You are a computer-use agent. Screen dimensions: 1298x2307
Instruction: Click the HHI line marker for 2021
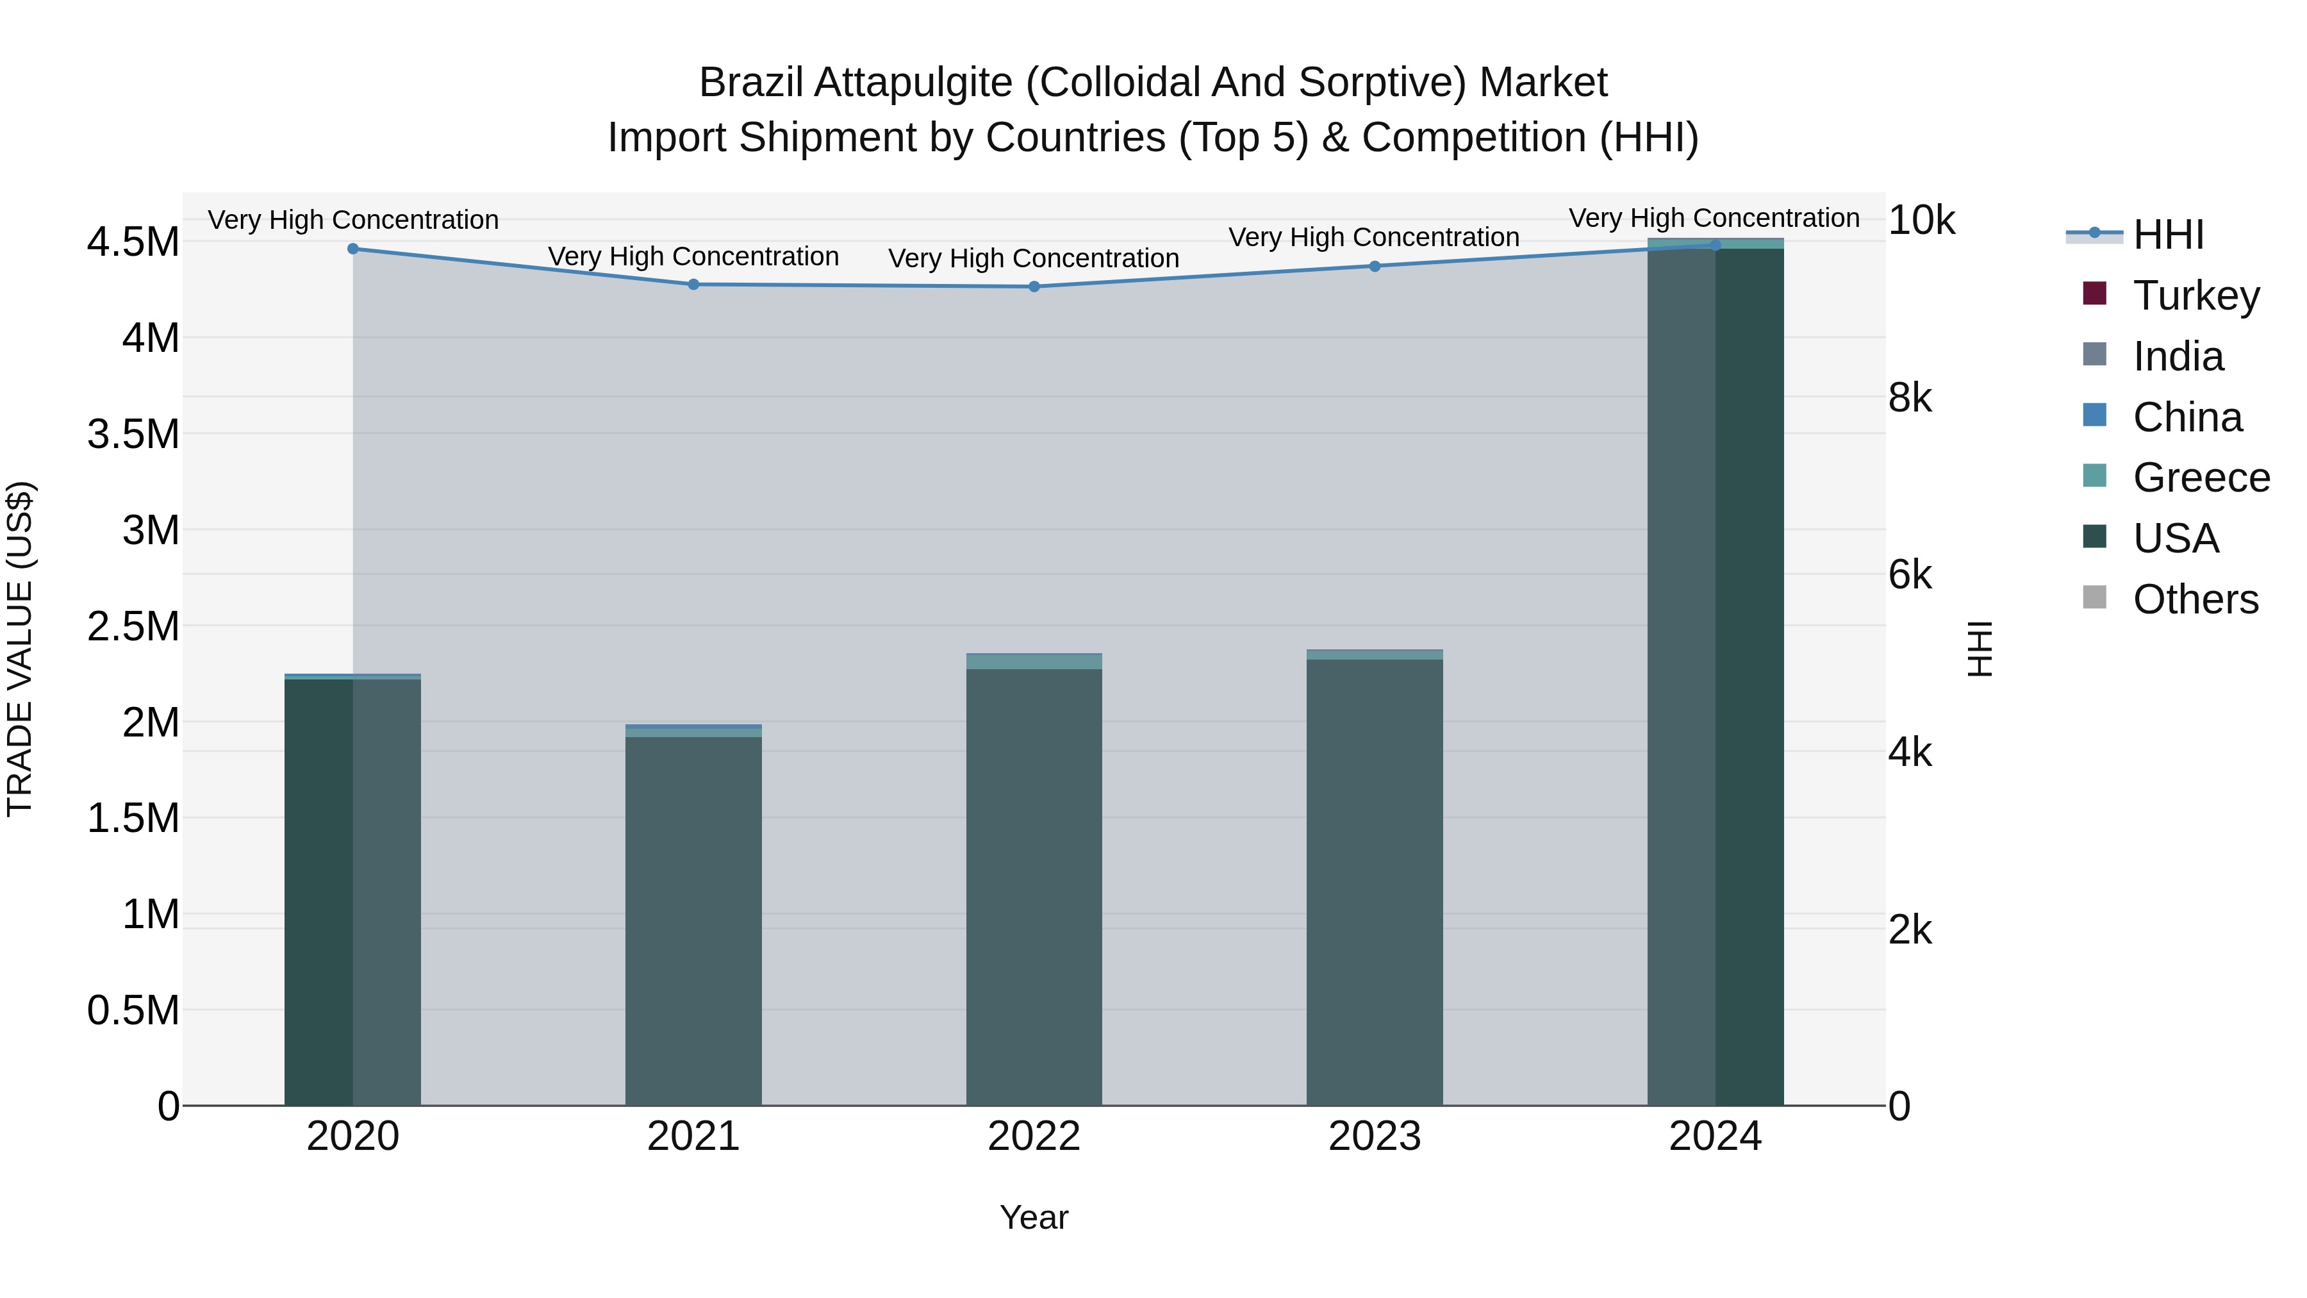pyautogui.click(x=693, y=284)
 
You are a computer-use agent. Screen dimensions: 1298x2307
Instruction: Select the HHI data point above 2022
pyautogui.click(x=1034, y=287)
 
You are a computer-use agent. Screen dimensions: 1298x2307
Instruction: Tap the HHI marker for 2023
pyautogui.click(x=1375, y=266)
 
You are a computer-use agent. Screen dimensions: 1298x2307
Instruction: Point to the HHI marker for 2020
pyautogui.click(x=353, y=249)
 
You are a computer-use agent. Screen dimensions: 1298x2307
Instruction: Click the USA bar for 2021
pyautogui.click(x=693, y=922)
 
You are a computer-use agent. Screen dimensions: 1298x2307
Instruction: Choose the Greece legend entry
pyautogui.click(x=2201, y=478)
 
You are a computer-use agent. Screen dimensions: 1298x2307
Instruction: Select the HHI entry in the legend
pyautogui.click(x=2167, y=235)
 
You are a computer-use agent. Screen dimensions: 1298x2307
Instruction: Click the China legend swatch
pyautogui.click(x=2095, y=415)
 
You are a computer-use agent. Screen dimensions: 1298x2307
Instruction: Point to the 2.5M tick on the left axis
pyautogui.click(x=133, y=626)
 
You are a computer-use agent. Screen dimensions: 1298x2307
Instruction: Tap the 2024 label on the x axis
pyautogui.click(x=1714, y=1136)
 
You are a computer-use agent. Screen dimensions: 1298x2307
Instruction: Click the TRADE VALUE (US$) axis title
pyautogui.click(x=20, y=649)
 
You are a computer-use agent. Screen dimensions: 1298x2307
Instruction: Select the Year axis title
pyautogui.click(x=1034, y=1217)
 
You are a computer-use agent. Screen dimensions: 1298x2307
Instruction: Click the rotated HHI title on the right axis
pyautogui.click(x=1980, y=649)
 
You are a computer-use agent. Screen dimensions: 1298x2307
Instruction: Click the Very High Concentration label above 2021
pyautogui.click(x=693, y=256)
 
